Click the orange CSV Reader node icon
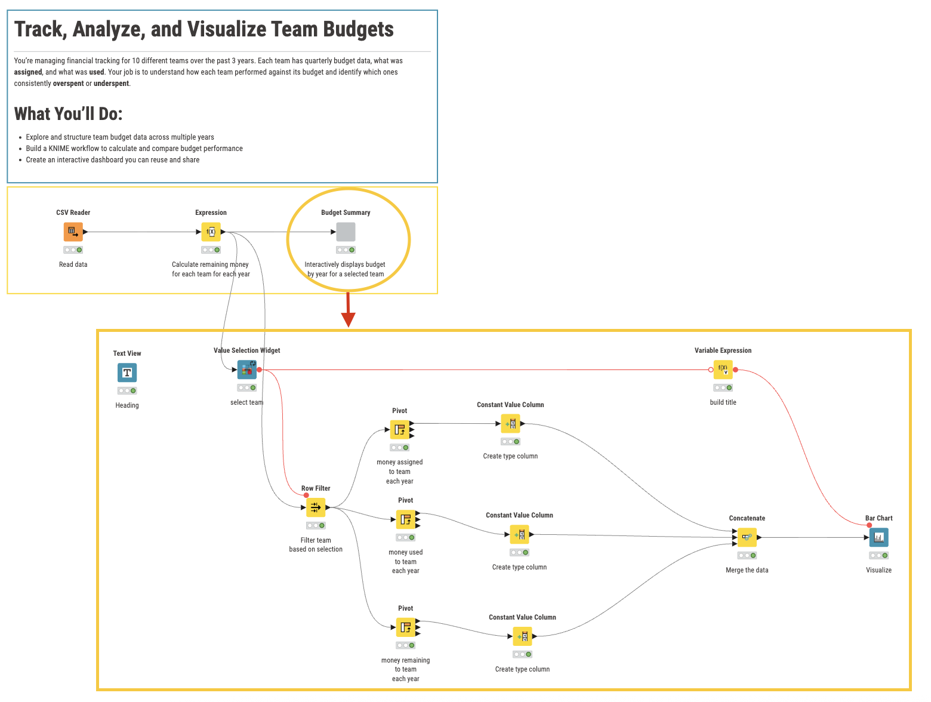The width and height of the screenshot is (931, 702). click(x=73, y=232)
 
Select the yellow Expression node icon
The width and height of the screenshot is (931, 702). click(x=211, y=232)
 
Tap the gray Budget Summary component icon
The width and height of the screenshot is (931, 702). click(x=346, y=232)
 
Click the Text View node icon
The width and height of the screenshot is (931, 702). click(x=127, y=372)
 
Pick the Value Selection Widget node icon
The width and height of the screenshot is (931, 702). click(x=247, y=370)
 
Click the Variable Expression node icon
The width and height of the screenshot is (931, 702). click(x=723, y=370)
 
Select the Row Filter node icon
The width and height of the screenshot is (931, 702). click(x=316, y=507)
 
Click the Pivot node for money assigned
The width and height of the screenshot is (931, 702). click(x=400, y=430)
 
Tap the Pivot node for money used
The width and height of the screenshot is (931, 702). click(x=406, y=519)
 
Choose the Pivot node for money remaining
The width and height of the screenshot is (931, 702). click(x=406, y=627)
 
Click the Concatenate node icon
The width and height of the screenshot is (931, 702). click(x=747, y=537)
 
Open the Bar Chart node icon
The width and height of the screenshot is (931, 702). click(x=878, y=537)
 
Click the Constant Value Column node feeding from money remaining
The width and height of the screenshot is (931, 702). click(x=522, y=636)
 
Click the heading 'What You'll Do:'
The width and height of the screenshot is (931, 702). click(x=68, y=114)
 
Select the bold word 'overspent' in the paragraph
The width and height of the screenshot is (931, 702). click(x=68, y=84)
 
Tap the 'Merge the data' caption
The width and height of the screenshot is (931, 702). click(x=747, y=570)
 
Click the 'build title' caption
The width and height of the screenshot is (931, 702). click(x=723, y=402)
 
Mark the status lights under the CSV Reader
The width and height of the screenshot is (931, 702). click(x=73, y=250)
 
